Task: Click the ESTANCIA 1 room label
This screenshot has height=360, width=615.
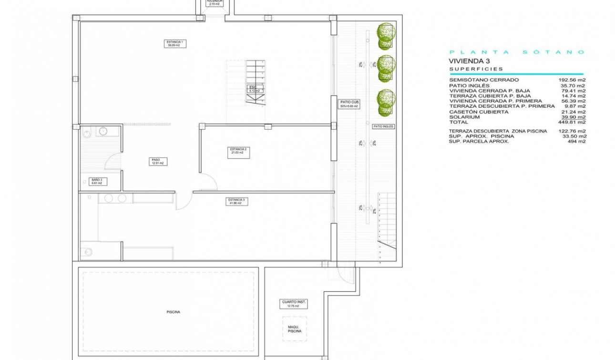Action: tap(175, 44)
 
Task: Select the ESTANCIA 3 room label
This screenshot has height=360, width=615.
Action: tap(236, 201)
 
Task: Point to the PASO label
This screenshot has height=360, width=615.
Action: tap(157, 161)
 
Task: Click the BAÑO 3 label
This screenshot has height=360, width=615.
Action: tap(97, 182)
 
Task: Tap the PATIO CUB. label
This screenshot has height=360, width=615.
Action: tap(349, 103)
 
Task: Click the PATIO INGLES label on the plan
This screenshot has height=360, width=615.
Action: tap(383, 126)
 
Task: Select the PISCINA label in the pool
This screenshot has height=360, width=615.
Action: tap(173, 312)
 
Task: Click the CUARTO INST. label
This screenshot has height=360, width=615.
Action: tap(294, 304)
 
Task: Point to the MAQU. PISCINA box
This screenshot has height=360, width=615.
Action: tap(294, 328)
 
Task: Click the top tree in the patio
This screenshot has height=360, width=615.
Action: tap(386, 36)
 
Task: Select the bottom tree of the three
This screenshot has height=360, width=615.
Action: tap(386, 102)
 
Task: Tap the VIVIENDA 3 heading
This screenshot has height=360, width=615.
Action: tap(469, 61)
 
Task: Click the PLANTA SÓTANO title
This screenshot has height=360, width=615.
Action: tap(517, 52)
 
